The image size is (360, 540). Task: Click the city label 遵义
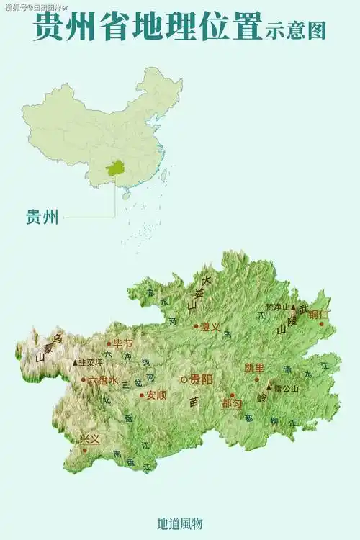coord(210,326)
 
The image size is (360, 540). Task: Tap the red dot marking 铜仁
coord(322,324)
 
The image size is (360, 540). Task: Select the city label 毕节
coord(122,343)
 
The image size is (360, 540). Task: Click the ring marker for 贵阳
coord(184,379)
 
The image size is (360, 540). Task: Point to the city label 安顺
coord(156,395)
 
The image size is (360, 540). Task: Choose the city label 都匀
coord(232,404)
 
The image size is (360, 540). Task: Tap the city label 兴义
coord(89,438)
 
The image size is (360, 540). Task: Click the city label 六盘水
coord(102,379)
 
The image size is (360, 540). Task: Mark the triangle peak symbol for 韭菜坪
coord(75,363)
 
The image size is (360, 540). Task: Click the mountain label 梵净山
coord(277,307)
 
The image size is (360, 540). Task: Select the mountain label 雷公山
coord(286,388)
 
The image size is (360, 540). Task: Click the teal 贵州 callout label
coord(42,217)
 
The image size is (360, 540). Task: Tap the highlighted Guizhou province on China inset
coord(114,168)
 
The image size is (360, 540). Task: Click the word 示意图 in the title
coord(295,30)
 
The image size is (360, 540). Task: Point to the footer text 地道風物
coord(180,523)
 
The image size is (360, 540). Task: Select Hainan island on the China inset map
coord(127,195)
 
